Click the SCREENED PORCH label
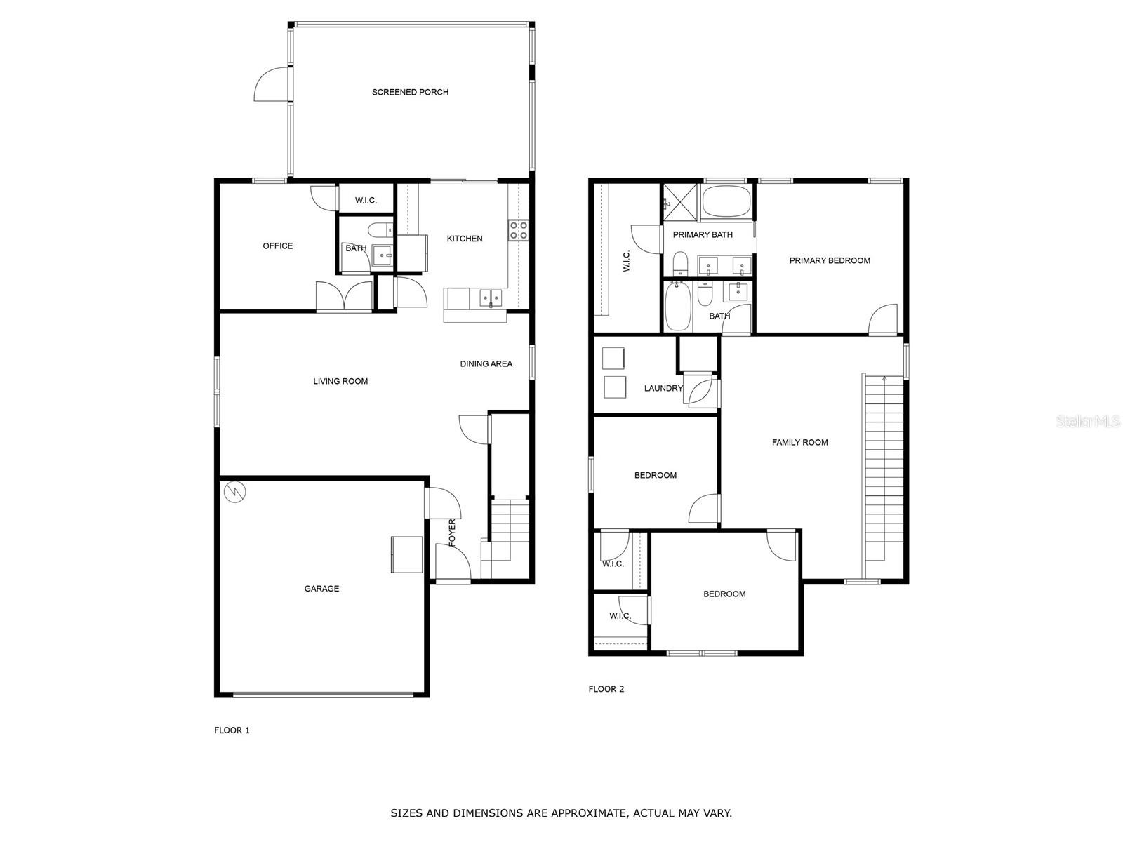[410, 92]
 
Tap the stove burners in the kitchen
[519, 230]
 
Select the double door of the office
[344, 296]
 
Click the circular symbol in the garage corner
[235, 491]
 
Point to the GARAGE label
[321, 589]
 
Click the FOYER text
[452, 533]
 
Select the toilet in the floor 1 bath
[380, 229]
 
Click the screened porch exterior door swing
[270, 85]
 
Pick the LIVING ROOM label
[340, 381]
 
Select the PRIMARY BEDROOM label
[830, 260]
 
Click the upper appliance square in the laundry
[613, 359]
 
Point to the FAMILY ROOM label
[799, 442]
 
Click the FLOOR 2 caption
[606, 689]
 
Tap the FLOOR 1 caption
[232, 730]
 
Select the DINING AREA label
[486, 363]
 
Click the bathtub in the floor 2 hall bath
[677, 307]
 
